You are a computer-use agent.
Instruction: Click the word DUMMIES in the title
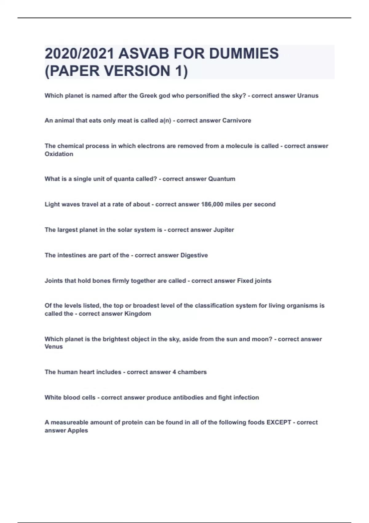tap(244, 54)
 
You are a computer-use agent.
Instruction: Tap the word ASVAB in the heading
tap(144, 54)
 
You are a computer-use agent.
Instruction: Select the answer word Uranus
tap(308, 96)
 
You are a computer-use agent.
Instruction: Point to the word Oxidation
tap(59, 154)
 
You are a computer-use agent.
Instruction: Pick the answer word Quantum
tap(222, 179)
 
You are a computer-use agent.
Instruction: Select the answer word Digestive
tap(194, 255)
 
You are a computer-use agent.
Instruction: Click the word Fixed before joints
tap(245, 281)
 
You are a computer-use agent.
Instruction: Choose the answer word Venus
tap(54, 347)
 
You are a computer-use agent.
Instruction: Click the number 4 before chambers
tap(174, 372)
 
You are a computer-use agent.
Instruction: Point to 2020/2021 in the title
tap(79, 54)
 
